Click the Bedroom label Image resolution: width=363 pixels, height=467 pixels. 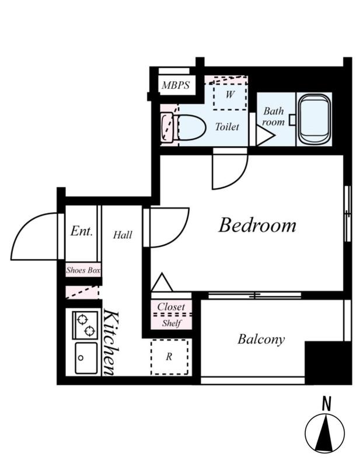pyautogui.click(x=257, y=225)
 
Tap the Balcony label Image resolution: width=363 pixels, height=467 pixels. pyautogui.click(x=261, y=340)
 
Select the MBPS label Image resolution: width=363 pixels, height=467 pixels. pyautogui.click(x=176, y=85)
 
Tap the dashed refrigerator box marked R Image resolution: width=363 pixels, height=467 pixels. pyautogui.click(x=169, y=357)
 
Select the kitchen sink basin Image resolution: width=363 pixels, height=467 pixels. pyautogui.click(x=86, y=358)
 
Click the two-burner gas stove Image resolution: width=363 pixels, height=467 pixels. pyautogui.click(x=85, y=325)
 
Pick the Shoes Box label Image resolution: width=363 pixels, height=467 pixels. pyautogui.click(x=83, y=270)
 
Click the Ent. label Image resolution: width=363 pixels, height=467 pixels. pyautogui.click(x=81, y=231)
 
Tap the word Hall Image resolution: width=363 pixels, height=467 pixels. pyautogui.click(x=123, y=235)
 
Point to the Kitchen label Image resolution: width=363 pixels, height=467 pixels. pyautogui.click(x=111, y=343)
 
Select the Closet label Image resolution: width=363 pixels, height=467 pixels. pyautogui.click(x=171, y=306)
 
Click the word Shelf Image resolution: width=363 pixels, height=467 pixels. pyautogui.click(x=172, y=323)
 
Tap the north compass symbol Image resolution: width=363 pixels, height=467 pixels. pyautogui.click(x=325, y=432)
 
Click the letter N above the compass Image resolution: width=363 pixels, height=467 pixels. pyautogui.click(x=327, y=405)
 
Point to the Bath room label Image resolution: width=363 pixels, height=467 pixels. pyautogui.click(x=273, y=116)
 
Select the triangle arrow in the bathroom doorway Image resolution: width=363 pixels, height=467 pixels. pyautogui.click(x=265, y=135)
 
